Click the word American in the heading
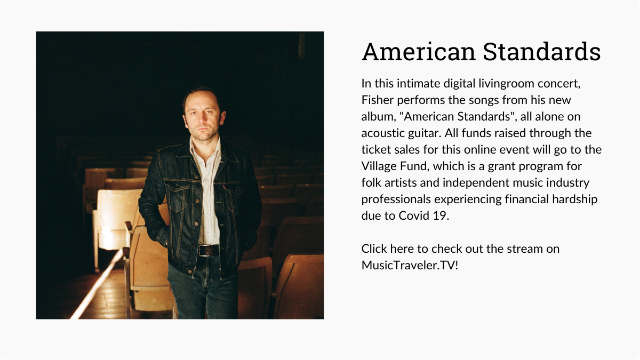(418, 52)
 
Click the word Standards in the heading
(542, 52)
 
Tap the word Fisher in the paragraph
(378, 100)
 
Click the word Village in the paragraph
(379, 166)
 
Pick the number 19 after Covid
(441, 215)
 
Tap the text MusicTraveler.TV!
(410, 265)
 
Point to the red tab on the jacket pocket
(225, 187)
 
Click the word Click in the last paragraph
(374, 249)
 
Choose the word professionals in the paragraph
(396, 199)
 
